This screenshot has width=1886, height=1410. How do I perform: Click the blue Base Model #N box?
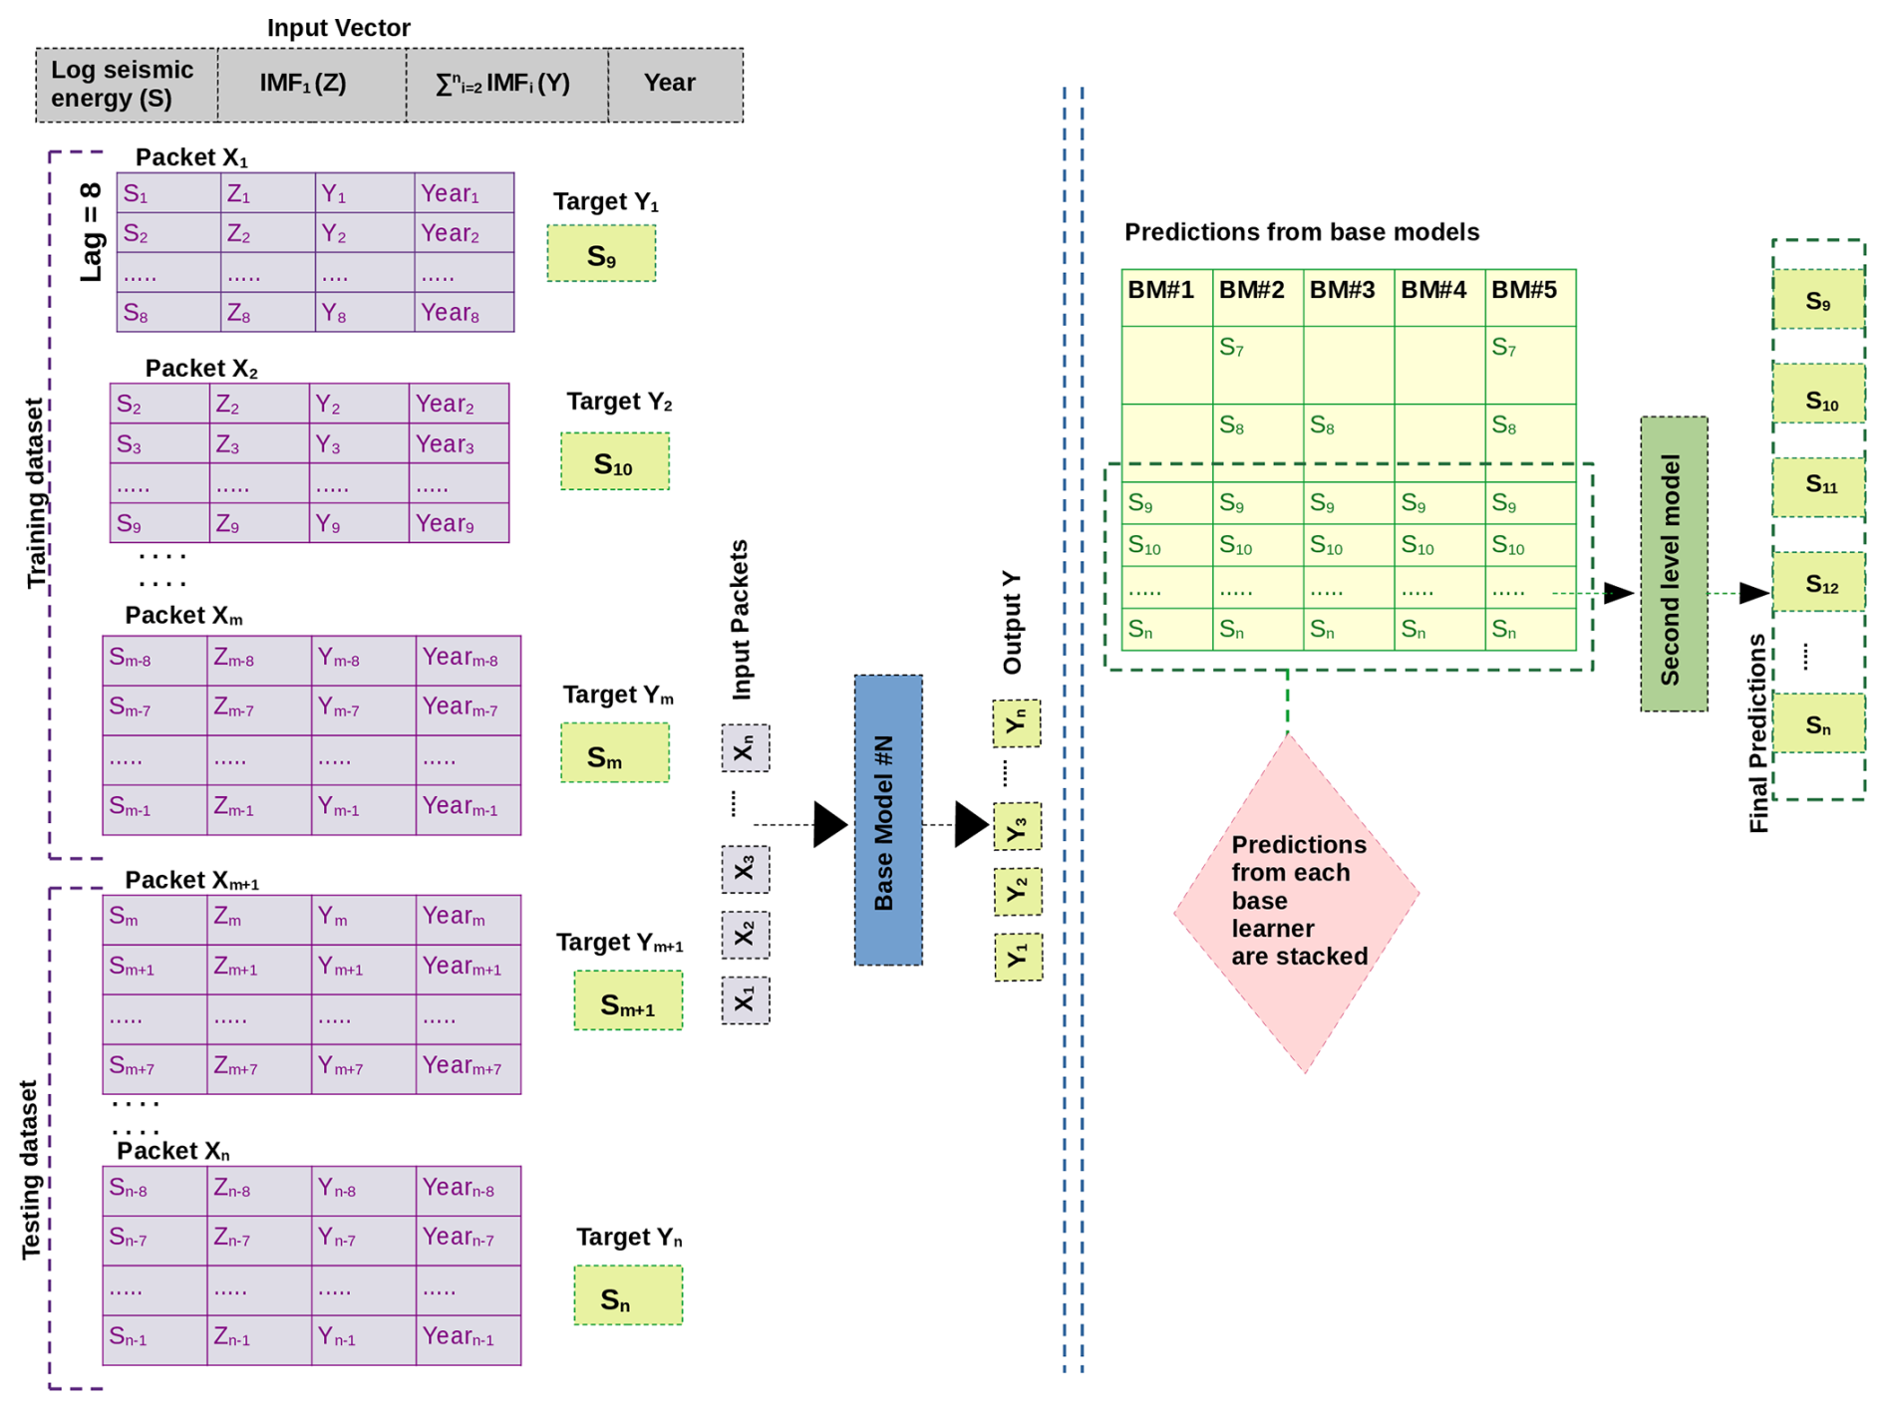887,819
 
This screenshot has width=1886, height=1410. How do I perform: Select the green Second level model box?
1673,564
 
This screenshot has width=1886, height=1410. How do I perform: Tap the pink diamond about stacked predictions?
1296,902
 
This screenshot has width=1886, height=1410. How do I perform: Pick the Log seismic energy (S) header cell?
126,85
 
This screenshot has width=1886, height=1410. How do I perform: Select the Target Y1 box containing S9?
601,254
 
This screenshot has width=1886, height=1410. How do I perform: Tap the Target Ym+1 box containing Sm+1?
628,1000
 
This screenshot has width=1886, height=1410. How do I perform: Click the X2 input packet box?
745,935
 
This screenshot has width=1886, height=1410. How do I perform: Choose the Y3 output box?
1017,827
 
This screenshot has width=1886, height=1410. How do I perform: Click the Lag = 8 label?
92,232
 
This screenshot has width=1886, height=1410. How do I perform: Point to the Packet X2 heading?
200,369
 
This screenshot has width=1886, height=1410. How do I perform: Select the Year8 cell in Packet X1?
464,313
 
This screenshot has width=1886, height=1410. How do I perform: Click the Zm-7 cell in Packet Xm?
259,709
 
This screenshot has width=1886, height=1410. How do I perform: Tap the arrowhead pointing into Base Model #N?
829,824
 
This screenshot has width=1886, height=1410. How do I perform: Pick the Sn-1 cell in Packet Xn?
154,1338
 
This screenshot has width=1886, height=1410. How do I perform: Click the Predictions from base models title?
1301,232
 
